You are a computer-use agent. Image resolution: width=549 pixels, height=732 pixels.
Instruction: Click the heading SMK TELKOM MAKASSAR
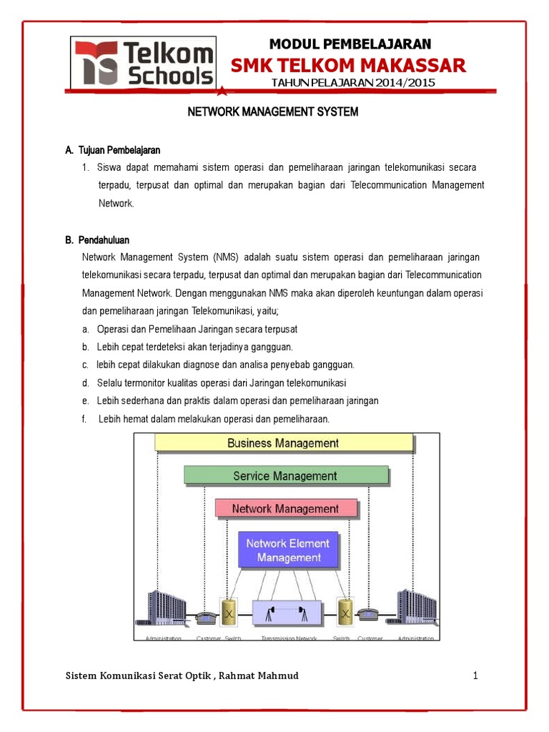pyautogui.click(x=348, y=66)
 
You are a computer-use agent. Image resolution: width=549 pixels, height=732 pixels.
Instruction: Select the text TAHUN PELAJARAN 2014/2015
pyautogui.click(x=353, y=84)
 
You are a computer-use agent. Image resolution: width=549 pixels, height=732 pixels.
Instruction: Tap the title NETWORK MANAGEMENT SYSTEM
pyautogui.click(x=272, y=112)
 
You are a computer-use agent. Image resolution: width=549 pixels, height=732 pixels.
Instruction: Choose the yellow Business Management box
pyautogui.click(x=283, y=443)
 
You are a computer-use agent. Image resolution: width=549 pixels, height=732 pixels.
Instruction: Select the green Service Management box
pyautogui.click(x=285, y=476)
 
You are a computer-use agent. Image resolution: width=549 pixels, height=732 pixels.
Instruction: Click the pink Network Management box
pyautogui.click(x=285, y=509)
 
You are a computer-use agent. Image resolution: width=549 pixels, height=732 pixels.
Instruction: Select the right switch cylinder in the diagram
pyautogui.click(x=345, y=613)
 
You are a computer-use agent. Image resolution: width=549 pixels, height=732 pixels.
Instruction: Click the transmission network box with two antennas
pyautogui.click(x=288, y=614)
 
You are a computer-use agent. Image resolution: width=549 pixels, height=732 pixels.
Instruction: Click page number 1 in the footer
pyautogui.click(x=475, y=676)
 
